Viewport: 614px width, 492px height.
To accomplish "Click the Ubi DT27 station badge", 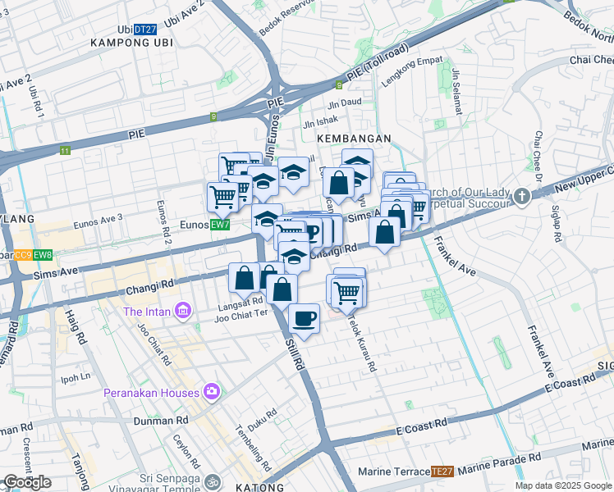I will pyautogui.click(x=145, y=29).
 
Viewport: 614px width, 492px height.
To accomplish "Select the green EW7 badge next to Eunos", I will pyautogui.click(x=219, y=224).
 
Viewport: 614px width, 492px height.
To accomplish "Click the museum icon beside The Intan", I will pyautogui.click(x=183, y=312).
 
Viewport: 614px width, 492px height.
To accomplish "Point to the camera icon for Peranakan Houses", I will pyautogui.click(x=213, y=391).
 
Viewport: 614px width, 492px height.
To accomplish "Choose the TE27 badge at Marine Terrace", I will pyautogui.click(x=442, y=471).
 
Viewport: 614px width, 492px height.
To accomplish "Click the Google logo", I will pyautogui.click(x=27, y=482).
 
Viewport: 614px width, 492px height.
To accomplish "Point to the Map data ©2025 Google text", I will pyautogui.click(x=564, y=485).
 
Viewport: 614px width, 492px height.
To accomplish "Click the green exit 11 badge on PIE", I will pyautogui.click(x=65, y=151).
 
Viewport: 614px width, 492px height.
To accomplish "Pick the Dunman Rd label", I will pyautogui.click(x=156, y=421).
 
